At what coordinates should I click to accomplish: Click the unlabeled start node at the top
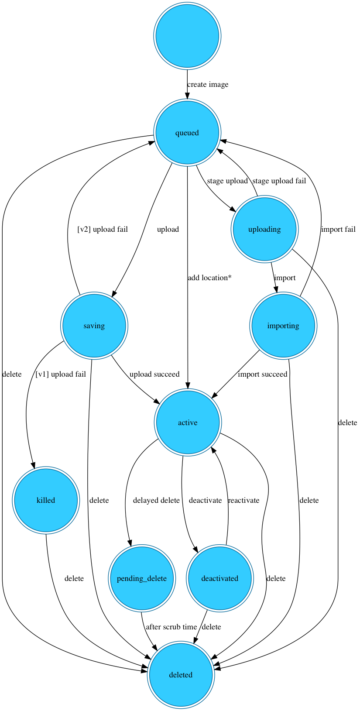[x=187, y=36]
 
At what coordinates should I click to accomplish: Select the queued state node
[x=187, y=133]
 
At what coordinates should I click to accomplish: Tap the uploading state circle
[x=264, y=229]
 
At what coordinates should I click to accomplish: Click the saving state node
[x=94, y=326]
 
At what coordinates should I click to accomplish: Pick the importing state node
[x=283, y=326]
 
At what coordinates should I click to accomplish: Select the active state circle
[x=188, y=422]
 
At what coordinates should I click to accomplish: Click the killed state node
[x=46, y=500]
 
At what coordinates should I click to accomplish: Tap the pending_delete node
[x=142, y=578]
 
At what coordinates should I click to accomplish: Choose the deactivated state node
[x=220, y=578]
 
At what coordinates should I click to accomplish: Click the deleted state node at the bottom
[x=181, y=675]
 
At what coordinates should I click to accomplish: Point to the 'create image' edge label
[x=208, y=85]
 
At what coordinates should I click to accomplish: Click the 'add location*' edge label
[x=209, y=278]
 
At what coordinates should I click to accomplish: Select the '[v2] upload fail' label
[x=103, y=229]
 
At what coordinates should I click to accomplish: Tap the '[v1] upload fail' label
[x=60, y=374]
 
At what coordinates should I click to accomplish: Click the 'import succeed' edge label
[x=263, y=374]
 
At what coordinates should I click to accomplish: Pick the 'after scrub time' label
[x=171, y=627]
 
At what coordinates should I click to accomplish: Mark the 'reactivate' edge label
[x=243, y=500]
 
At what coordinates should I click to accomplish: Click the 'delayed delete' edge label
[x=156, y=500]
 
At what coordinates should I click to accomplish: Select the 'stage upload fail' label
[x=279, y=181]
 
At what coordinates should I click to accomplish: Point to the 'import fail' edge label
[x=338, y=229]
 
